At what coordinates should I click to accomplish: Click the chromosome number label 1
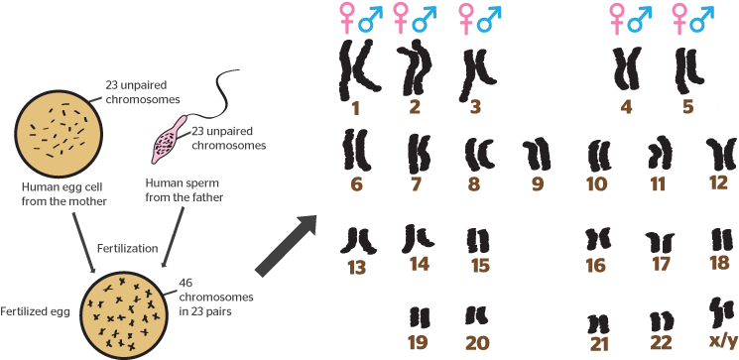(x=354, y=105)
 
